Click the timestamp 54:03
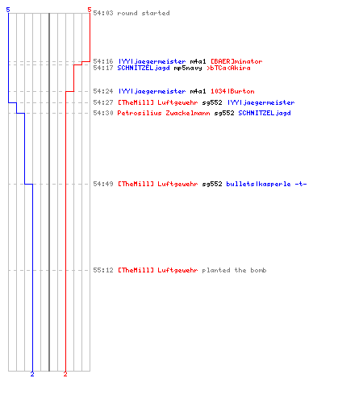[103, 13]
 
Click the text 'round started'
[144, 13]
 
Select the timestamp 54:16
[103, 61]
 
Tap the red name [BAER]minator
[236, 61]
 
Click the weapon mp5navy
[188, 68]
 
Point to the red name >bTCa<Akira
[228, 68]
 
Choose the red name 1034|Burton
[232, 91]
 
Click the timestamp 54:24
[103, 91]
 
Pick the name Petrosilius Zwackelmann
[164, 113]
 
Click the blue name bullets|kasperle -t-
[266, 184]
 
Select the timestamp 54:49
[103, 184]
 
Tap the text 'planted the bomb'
[234, 270]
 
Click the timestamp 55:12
[103, 270]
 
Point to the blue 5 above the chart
[8, 10]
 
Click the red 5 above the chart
[90, 10]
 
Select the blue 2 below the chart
[32, 374]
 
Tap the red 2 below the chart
[65, 374]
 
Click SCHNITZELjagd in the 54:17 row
[144, 68]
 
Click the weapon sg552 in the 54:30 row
[224, 113]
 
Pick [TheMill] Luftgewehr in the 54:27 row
[158, 102]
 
